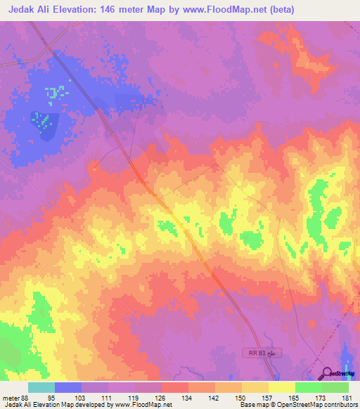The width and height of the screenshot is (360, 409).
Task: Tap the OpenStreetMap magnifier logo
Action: [x=326, y=372]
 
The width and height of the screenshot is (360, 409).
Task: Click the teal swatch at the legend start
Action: [x=41, y=387]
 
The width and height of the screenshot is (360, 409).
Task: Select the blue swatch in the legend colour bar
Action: [x=68, y=387]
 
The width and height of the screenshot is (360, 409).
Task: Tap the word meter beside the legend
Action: [x=11, y=398]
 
